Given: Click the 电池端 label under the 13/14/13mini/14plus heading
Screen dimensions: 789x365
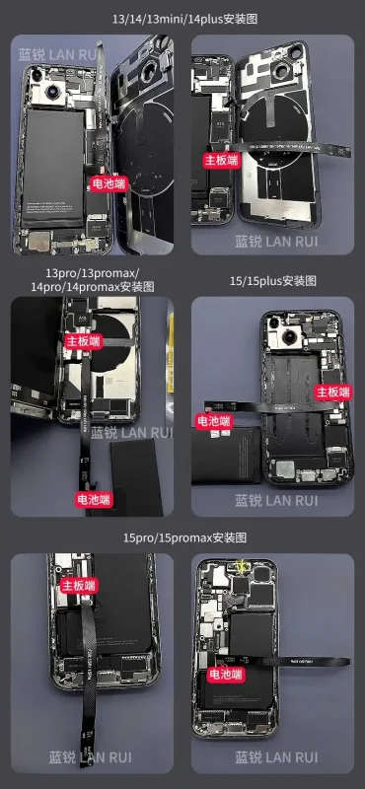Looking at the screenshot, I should point(109,182).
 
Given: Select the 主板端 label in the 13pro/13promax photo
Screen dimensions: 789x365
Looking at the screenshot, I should point(83,339).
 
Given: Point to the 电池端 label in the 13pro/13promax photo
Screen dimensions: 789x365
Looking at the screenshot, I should point(96,499).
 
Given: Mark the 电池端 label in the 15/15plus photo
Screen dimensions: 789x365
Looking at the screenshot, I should point(213,420).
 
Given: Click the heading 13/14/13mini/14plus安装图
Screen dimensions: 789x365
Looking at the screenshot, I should point(182,16).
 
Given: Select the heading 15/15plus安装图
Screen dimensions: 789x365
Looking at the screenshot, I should point(272,280).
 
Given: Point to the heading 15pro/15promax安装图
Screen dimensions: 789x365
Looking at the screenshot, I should point(183,537).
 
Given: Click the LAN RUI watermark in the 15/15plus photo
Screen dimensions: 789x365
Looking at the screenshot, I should point(276,500).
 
